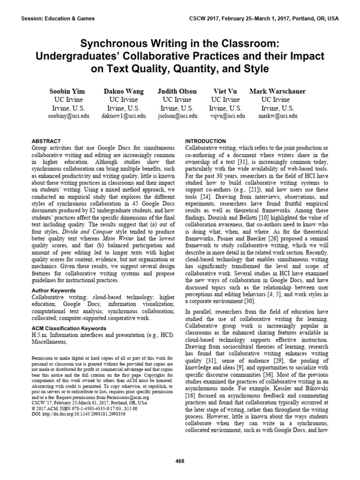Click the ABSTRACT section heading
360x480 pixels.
tap(46, 141)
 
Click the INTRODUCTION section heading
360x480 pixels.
tap(206, 141)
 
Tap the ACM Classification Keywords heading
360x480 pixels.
tap(68, 328)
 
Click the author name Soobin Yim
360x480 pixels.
tap(68, 91)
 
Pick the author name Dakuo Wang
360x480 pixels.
tap(123, 91)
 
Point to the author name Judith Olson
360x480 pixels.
tap(177, 91)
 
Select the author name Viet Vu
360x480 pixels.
tap(226, 91)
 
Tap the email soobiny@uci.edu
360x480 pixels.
tap(68, 116)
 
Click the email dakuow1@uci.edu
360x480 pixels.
tap(123, 116)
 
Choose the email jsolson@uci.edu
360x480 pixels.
tap(177, 116)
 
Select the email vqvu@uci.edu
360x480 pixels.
tap(226, 116)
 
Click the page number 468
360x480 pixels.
tap(180, 461)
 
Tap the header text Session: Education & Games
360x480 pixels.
tap(58, 19)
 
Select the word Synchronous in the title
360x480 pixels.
tap(110, 44)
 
